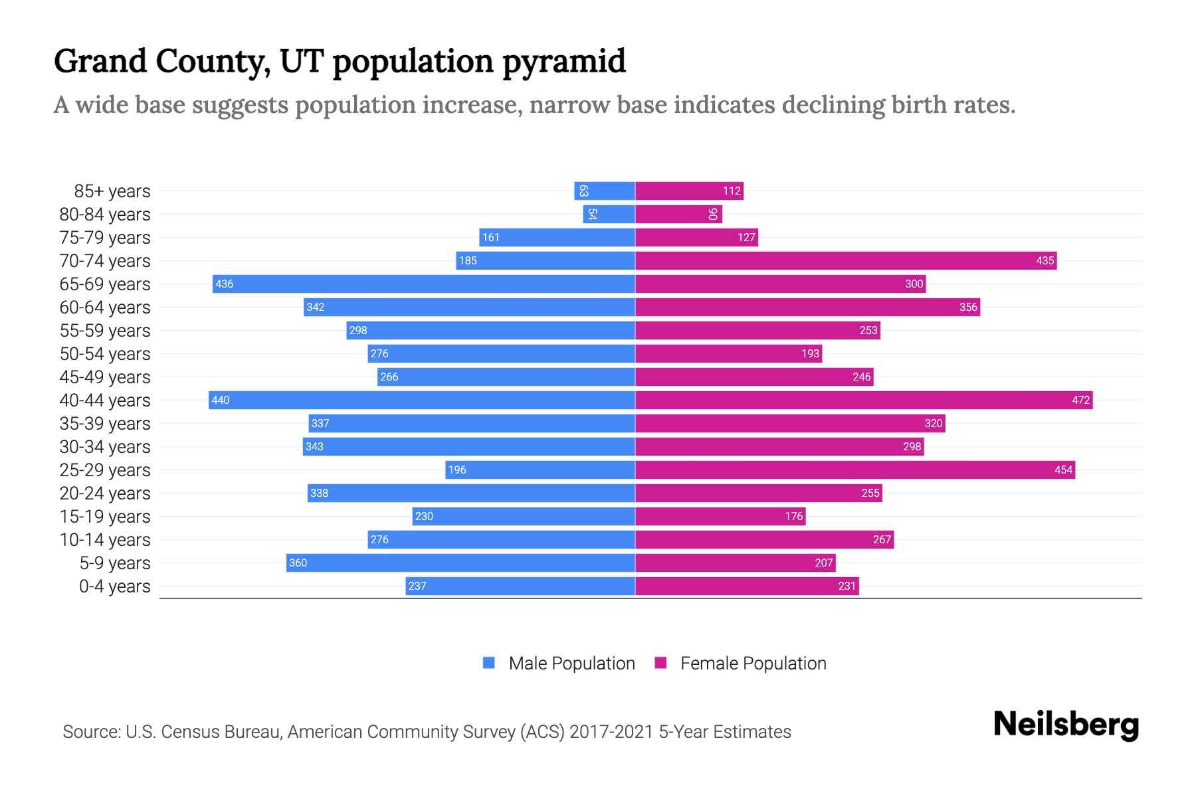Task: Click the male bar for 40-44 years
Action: click(422, 400)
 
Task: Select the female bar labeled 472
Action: click(864, 400)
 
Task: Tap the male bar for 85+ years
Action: click(605, 191)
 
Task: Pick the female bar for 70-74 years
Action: click(846, 260)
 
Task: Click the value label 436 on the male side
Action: click(225, 284)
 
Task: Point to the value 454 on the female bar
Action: click(1063, 470)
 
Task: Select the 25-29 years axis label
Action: click(105, 470)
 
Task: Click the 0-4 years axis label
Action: click(114, 586)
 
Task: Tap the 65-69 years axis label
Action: click(105, 284)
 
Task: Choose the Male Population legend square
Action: click(489, 663)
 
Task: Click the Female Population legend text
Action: click(753, 663)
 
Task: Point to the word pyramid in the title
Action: click(563, 61)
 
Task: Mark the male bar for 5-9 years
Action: click(460, 563)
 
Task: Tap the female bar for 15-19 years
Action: click(720, 516)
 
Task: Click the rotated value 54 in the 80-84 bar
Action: click(592, 214)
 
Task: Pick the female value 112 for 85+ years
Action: click(732, 191)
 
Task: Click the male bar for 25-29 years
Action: click(540, 470)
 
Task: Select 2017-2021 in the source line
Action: click(611, 731)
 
